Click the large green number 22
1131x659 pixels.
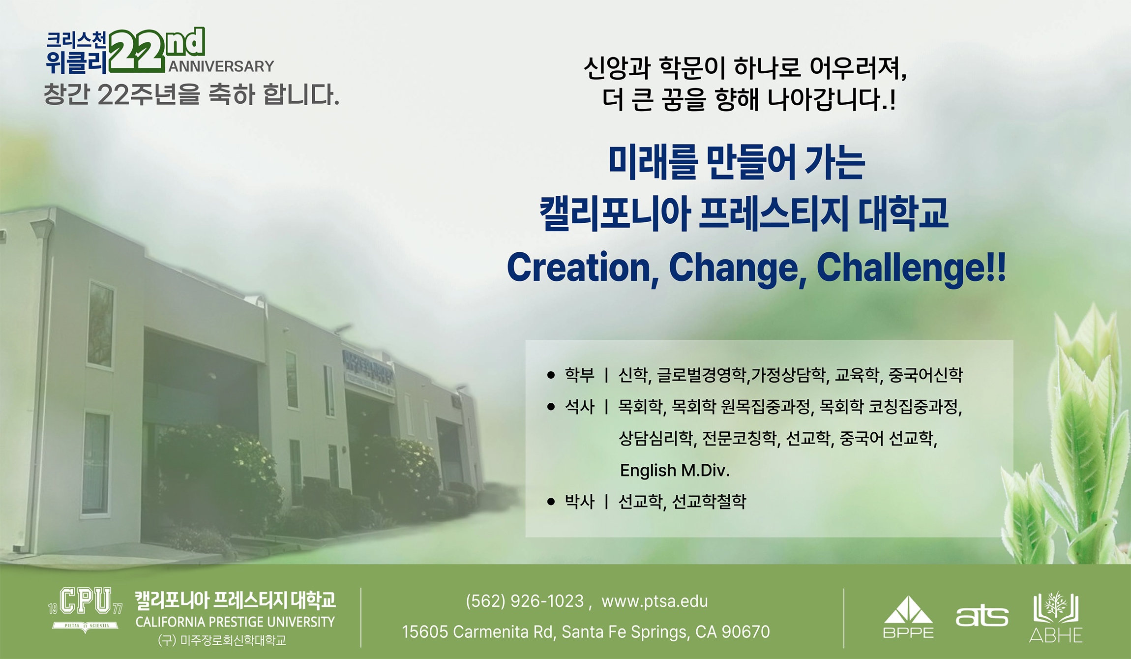tap(137, 52)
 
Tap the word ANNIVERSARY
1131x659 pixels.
tap(221, 66)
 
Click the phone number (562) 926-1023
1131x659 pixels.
tap(525, 601)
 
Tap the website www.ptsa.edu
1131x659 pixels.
tap(655, 601)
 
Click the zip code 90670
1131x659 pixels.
tap(745, 632)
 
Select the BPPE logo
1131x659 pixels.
tap(908, 617)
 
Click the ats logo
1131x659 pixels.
tap(982, 616)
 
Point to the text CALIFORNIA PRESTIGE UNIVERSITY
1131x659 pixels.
tap(235, 622)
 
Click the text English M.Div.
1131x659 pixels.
tap(675, 471)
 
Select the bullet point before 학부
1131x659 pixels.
tap(551, 375)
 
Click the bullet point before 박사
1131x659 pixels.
tap(551, 502)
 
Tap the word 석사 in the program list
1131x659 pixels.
tap(580, 407)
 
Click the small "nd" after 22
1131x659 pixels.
tap(185, 42)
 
